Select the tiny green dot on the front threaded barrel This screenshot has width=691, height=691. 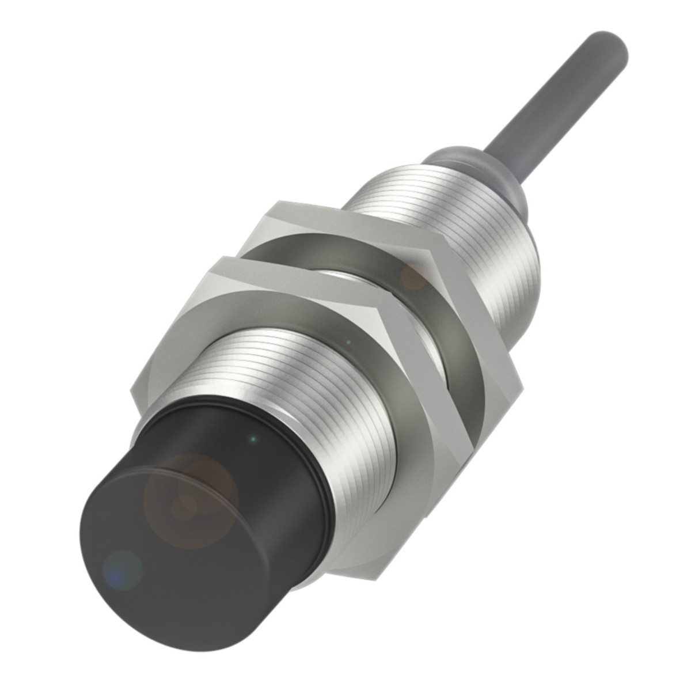(348, 343)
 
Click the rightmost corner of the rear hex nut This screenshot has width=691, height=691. (521, 380)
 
